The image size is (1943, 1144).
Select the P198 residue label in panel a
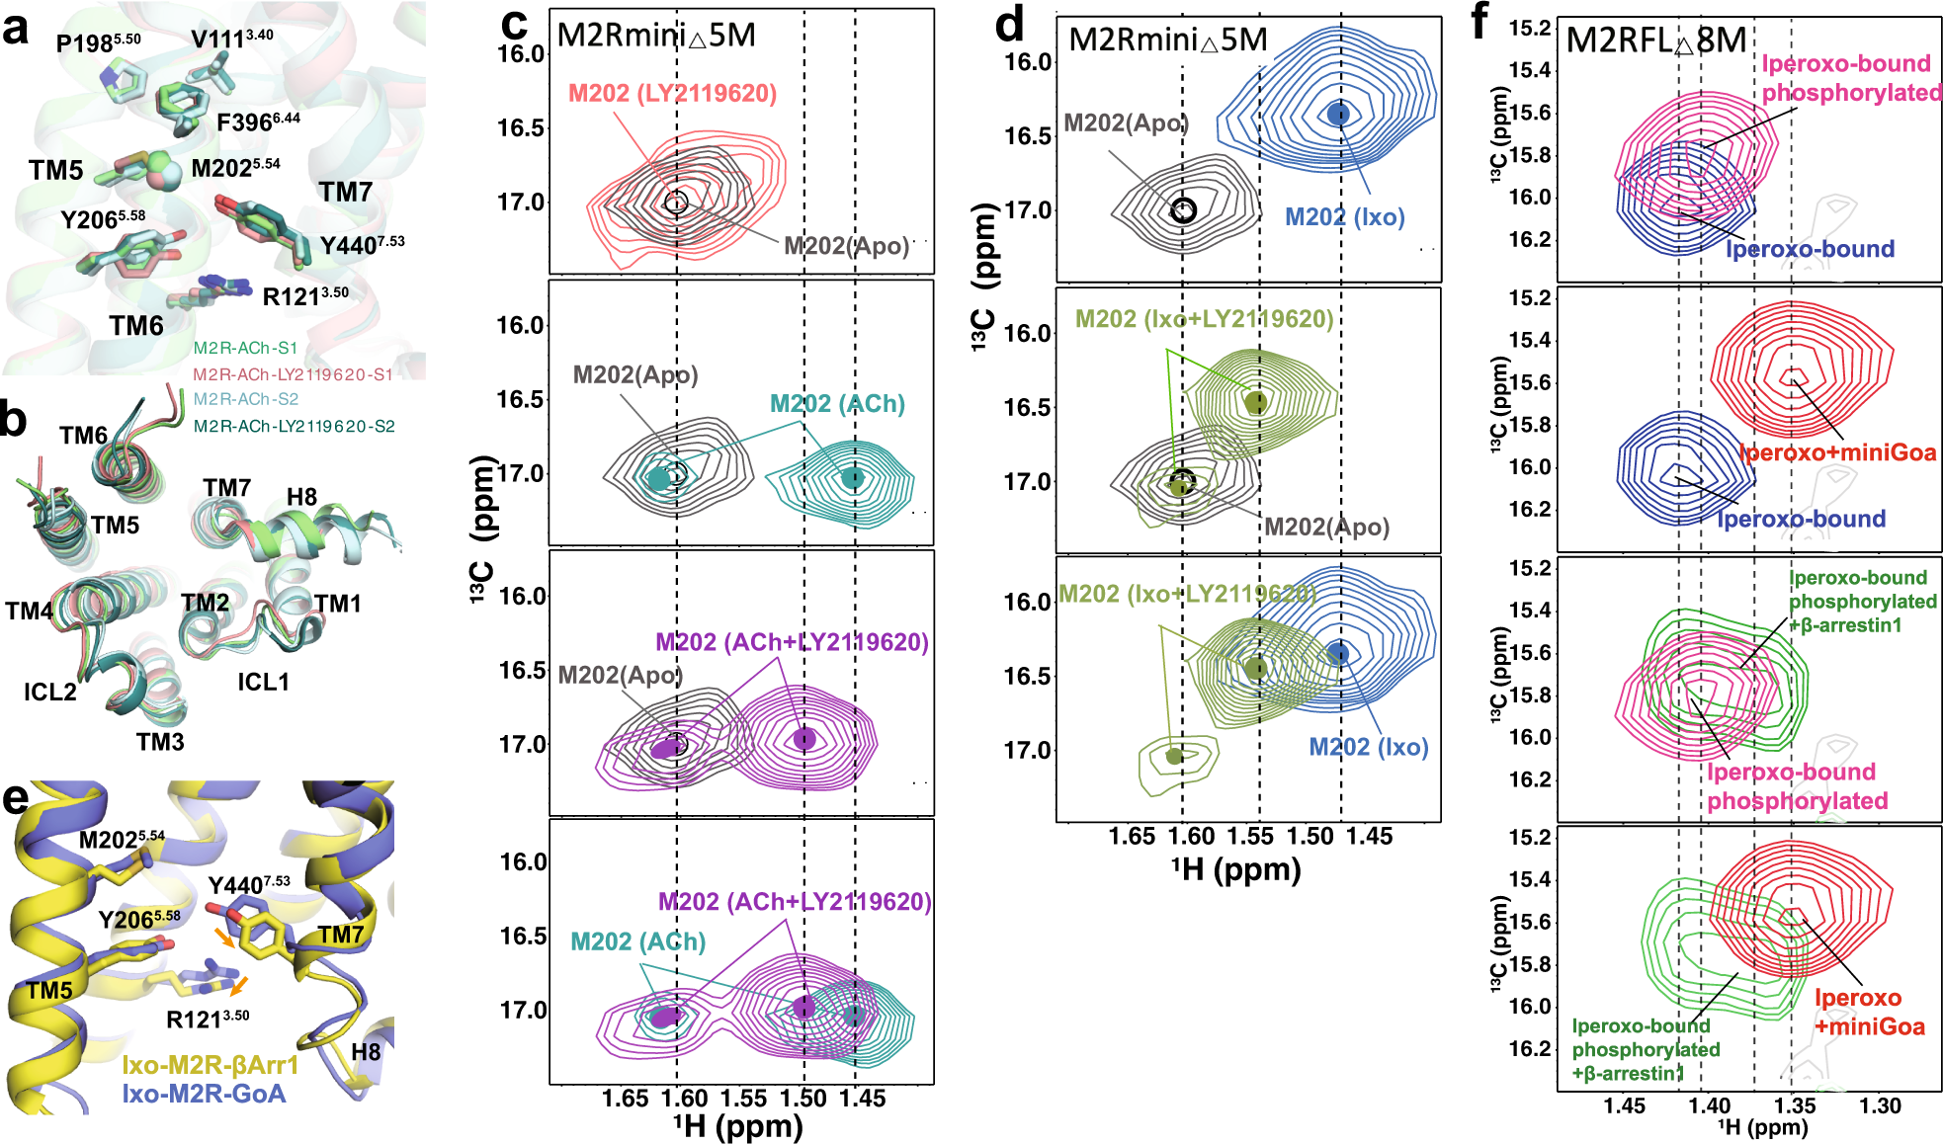tap(97, 42)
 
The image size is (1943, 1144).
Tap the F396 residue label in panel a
tap(257, 123)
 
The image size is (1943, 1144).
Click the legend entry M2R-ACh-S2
tap(245, 399)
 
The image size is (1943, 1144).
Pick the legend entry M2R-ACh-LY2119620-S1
tap(293, 374)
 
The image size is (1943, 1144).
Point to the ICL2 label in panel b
tap(49, 692)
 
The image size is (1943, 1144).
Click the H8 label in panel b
tap(301, 497)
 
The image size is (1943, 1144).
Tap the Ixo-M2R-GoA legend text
tap(204, 1094)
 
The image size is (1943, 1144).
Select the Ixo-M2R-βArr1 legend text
tap(210, 1065)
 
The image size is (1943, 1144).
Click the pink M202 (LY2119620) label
tap(672, 93)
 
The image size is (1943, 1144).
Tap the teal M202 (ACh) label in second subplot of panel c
tap(837, 404)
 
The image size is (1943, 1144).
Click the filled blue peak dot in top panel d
tap(1338, 114)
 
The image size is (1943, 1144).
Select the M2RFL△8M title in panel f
tap(1656, 41)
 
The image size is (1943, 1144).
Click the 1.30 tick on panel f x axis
tap(1880, 1105)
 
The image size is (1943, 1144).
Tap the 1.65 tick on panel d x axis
tap(1132, 836)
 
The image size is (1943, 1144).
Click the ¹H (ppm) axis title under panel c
tap(738, 1126)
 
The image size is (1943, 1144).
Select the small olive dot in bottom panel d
tap(1174, 756)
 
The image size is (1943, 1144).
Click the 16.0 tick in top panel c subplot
tap(521, 53)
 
